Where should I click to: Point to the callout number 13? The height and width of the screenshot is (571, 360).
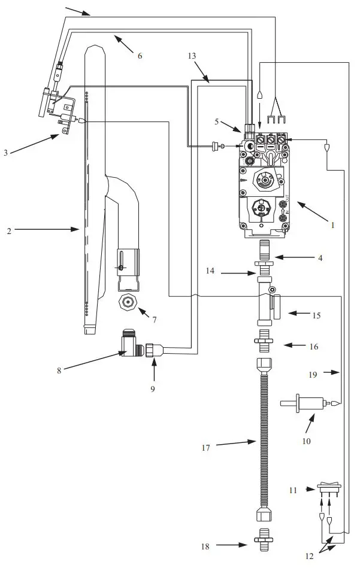(192, 55)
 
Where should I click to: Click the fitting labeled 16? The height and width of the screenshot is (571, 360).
(264, 345)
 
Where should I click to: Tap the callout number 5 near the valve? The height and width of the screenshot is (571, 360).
(217, 122)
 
